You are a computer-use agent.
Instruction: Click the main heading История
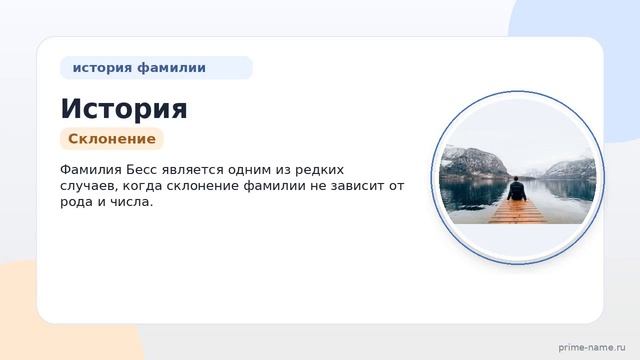(x=124, y=109)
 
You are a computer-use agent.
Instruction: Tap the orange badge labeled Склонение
(x=112, y=139)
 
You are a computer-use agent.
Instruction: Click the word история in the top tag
(x=102, y=67)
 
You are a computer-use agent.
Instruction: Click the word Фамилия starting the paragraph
(x=91, y=169)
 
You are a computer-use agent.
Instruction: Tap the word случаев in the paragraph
(x=89, y=186)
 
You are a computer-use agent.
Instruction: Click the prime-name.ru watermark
(x=592, y=347)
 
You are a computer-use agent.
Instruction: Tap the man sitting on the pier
(x=516, y=189)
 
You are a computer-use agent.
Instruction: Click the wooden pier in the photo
(x=518, y=211)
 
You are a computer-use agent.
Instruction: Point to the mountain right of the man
(x=571, y=168)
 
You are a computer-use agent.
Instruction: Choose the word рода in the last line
(x=76, y=202)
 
